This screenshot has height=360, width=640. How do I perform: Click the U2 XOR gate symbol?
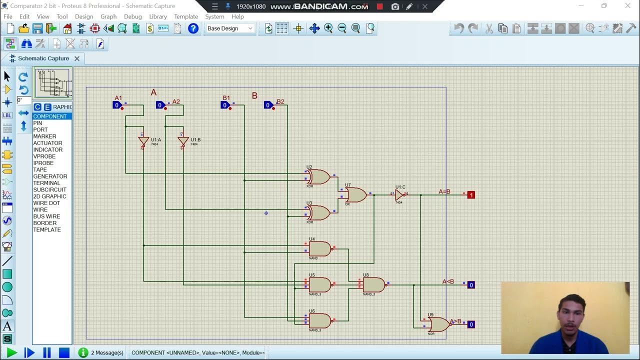click(x=319, y=176)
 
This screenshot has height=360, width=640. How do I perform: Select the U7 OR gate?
click(x=355, y=194)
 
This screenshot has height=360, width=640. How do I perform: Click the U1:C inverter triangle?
click(x=399, y=195)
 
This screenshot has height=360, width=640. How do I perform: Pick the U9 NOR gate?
click(x=438, y=324)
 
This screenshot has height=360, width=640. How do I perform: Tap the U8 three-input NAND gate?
click(x=373, y=285)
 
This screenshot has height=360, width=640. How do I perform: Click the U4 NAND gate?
click(x=319, y=248)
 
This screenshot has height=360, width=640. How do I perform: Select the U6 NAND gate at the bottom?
click(x=319, y=320)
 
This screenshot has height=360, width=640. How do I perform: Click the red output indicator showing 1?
click(x=471, y=195)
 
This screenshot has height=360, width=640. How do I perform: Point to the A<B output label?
click(x=448, y=281)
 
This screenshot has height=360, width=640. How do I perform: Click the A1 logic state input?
click(x=117, y=105)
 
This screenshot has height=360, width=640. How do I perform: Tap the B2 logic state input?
click(x=268, y=105)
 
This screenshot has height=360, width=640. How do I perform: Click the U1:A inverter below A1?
click(x=143, y=141)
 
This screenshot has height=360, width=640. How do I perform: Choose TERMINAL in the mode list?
click(x=46, y=183)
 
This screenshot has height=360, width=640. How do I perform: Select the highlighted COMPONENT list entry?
click(x=50, y=116)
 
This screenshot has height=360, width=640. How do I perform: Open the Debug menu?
click(x=133, y=16)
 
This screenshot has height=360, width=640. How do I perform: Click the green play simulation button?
click(x=11, y=352)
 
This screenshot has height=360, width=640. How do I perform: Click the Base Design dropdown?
click(x=230, y=28)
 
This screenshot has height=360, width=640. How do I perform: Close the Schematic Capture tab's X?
click(x=77, y=58)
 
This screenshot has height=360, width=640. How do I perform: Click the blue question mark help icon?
click(x=193, y=28)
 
